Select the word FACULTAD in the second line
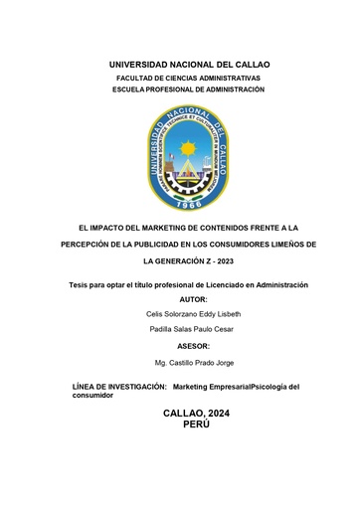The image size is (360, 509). click(137, 78)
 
